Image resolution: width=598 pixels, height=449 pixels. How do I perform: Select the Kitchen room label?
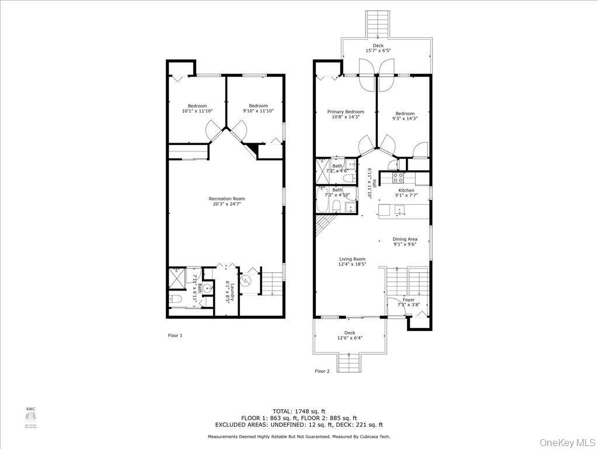[406, 191]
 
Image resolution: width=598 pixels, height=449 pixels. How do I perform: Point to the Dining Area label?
[405, 239]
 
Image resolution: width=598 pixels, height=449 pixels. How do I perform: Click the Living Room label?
[352, 259]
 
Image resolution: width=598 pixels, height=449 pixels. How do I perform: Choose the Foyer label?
[409, 300]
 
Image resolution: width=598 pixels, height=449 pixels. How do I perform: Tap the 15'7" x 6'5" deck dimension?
[378, 51]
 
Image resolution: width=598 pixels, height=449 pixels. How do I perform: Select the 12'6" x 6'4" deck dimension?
[349, 339]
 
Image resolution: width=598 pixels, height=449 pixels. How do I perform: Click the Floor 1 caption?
[175, 336]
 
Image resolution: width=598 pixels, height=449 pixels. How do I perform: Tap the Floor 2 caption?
[322, 371]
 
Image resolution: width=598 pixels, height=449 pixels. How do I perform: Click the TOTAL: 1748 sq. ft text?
[299, 412]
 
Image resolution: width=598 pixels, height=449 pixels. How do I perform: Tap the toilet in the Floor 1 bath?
[178, 299]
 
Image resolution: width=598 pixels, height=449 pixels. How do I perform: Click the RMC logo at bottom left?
[30, 416]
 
